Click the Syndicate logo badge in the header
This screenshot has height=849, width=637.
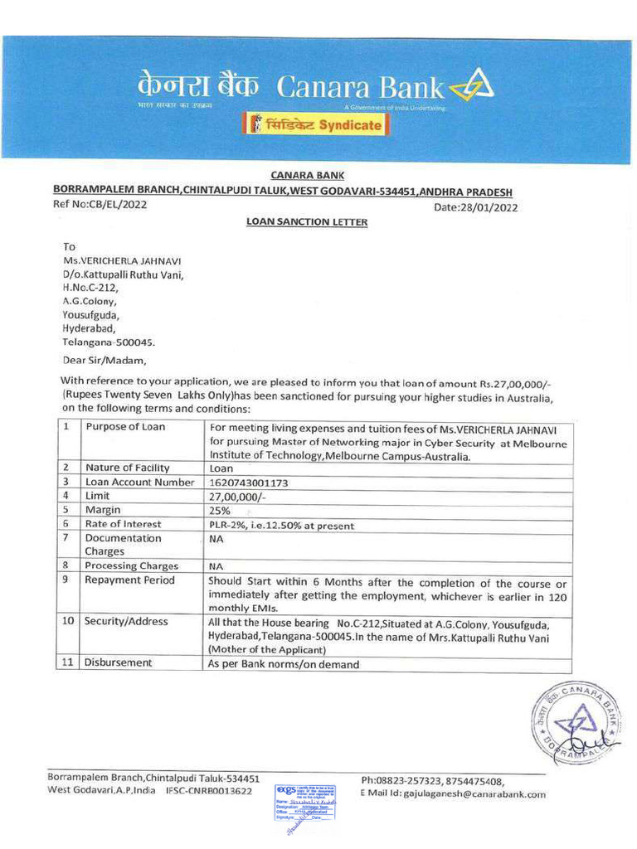click(x=315, y=125)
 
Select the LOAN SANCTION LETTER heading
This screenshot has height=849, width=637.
click(x=307, y=222)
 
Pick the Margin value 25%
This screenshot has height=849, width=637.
click(x=220, y=510)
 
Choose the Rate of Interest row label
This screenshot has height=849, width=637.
click(x=124, y=524)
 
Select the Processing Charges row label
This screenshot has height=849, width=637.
click(x=132, y=565)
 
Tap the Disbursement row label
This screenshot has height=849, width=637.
click(x=119, y=662)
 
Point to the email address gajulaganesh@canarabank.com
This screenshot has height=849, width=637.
click(x=476, y=793)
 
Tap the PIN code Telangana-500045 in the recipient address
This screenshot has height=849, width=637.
click(x=109, y=341)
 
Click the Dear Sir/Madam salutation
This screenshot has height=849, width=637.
click(x=104, y=360)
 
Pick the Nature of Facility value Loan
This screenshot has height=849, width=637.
click(x=221, y=468)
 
